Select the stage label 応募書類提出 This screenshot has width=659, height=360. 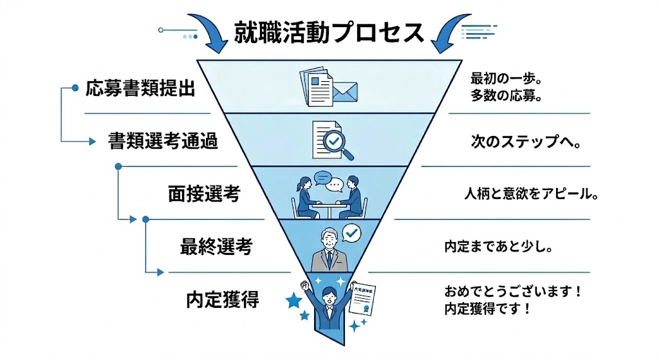(140, 89)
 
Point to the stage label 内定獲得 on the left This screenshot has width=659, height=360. (222, 299)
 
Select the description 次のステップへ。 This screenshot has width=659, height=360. (526, 142)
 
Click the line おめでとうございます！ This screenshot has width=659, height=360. (513, 291)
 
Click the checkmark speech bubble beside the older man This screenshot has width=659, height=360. (351, 232)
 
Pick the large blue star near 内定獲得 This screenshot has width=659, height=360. (295, 300)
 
